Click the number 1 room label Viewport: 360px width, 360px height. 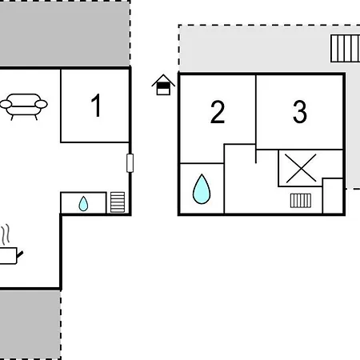[x=96, y=106]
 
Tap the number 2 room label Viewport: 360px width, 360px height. [x=218, y=112]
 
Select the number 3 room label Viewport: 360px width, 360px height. [x=300, y=112]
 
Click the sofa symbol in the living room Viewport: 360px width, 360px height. [x=23, y=106]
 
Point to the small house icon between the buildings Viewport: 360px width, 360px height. [x=163, y=85]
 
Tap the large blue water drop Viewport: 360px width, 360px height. [x=202, y=189]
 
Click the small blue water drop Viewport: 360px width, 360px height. [x=83, y=204]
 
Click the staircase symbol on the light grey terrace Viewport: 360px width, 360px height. [x=346, y=49]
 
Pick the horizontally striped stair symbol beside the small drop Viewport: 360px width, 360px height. [x=118, y=202]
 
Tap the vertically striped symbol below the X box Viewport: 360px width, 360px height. [x=301, y=201]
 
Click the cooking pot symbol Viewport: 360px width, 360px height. [x=10, y=256]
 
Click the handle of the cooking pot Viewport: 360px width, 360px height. [x=20, y=254]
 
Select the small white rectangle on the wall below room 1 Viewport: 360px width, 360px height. [x=130, y=163]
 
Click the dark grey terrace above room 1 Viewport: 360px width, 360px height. [x=65, y=34]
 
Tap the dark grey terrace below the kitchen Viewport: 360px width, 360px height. [x=30, y=325]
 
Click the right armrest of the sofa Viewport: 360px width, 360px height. [x=41, y=104]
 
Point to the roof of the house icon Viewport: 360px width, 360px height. [x=163, y=80]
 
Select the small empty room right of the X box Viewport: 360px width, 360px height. [x=333, y=196]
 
